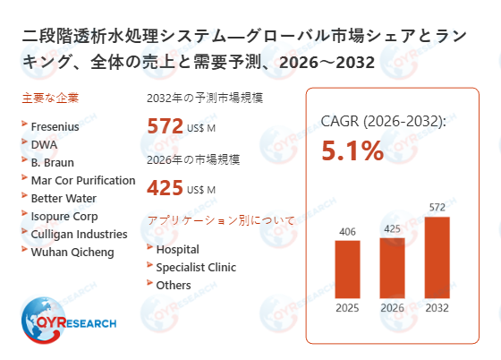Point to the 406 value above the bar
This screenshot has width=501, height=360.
coord(347,231)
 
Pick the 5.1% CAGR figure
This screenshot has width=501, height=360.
coord(352,151)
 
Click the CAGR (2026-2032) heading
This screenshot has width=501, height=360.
coord(383,121)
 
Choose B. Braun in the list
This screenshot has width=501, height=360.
coord(52,163)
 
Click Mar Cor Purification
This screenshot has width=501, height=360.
coord(83,180)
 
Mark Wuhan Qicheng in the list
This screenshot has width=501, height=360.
coord(72,251)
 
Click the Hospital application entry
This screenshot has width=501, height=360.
coord(177,249)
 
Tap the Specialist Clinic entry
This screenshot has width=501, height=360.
coord(194,267)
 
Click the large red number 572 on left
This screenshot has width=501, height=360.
coord(166,126)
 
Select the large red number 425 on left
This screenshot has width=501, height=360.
coord(166,188)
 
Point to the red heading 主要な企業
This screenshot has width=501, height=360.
coord(48,98)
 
